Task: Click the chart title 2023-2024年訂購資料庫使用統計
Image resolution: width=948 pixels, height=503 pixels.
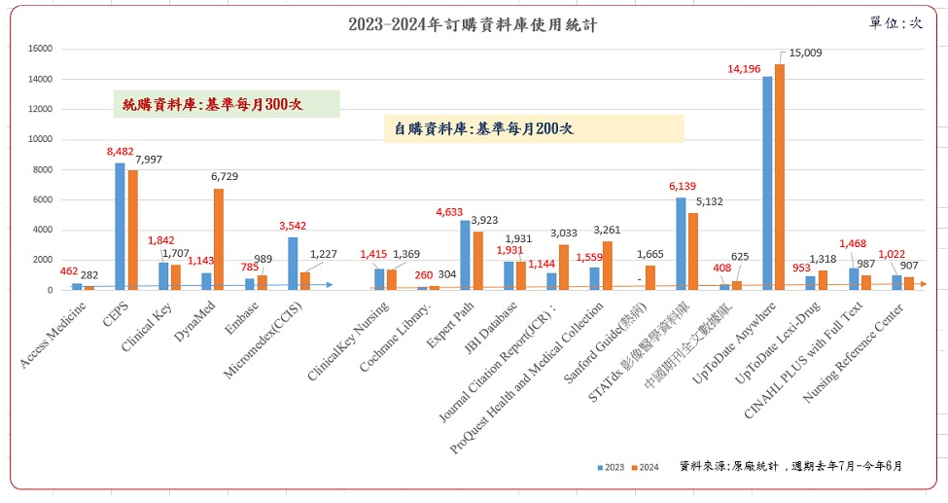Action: pyautogui.click(x=473, y=25)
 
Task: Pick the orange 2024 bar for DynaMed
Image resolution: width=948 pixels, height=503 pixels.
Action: pyautogui.click(x=219, y=239)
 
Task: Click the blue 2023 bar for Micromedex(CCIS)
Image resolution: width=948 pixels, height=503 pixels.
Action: pyautogui.click(x=293, y=264)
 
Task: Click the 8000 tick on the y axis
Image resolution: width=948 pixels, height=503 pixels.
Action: pyautogui.click(x=42, y=169)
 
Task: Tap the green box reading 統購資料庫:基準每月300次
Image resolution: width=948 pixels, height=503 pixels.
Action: pyautogui.click(x=226, y=103)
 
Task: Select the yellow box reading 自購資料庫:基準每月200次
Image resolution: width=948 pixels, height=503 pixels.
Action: pyautogui.click(x=533, y=128)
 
